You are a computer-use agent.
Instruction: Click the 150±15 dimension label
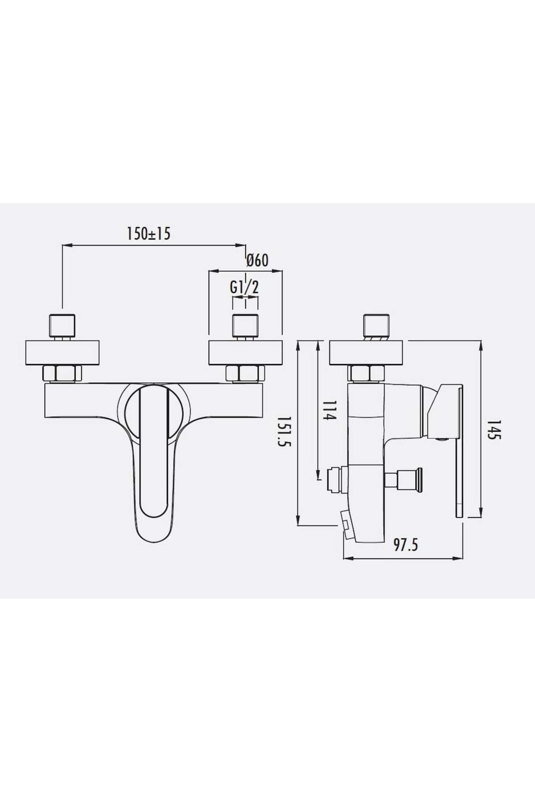pos(149,233)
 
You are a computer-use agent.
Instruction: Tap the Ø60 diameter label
pos(257,260)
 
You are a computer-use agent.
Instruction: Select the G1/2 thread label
pos(244,287)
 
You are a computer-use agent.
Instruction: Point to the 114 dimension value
pos(329,410)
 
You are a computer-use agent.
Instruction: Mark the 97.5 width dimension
pos(406,544)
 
